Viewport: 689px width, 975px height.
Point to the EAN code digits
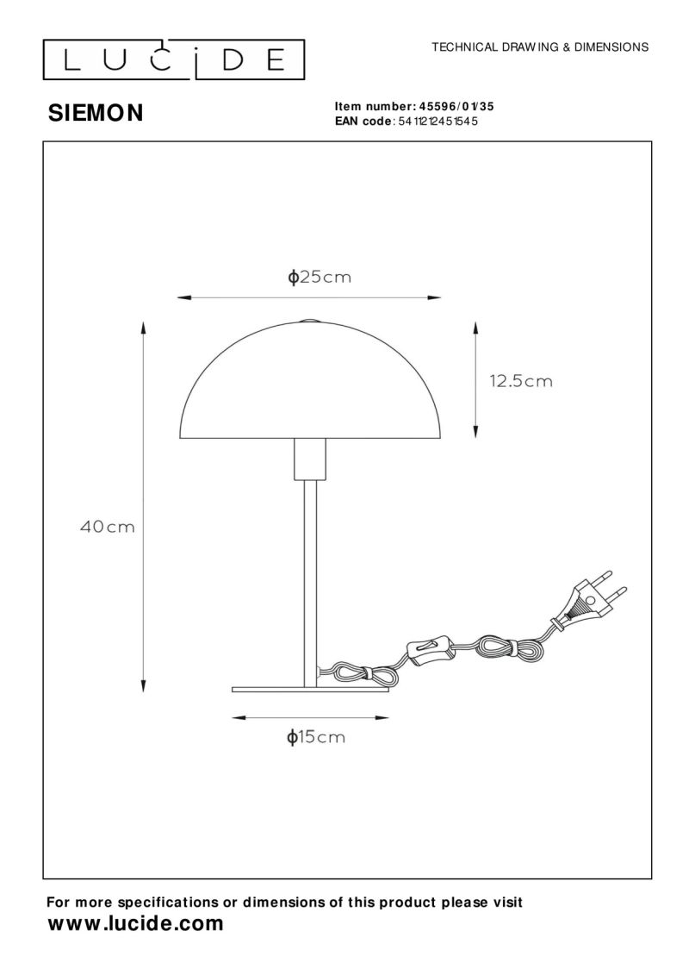pos(437,122)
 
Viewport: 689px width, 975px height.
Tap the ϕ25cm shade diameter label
pos(320,278)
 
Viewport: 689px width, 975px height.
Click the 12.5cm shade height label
pos(521,380)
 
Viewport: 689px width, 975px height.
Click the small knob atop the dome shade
pos(308,320)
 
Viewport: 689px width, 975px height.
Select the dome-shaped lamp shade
pos(308,379)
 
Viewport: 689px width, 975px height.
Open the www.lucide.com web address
pos(134,924)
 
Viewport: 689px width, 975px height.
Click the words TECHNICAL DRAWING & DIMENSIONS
pos(539,47)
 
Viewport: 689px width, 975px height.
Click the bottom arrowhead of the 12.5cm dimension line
pos(475,430)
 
